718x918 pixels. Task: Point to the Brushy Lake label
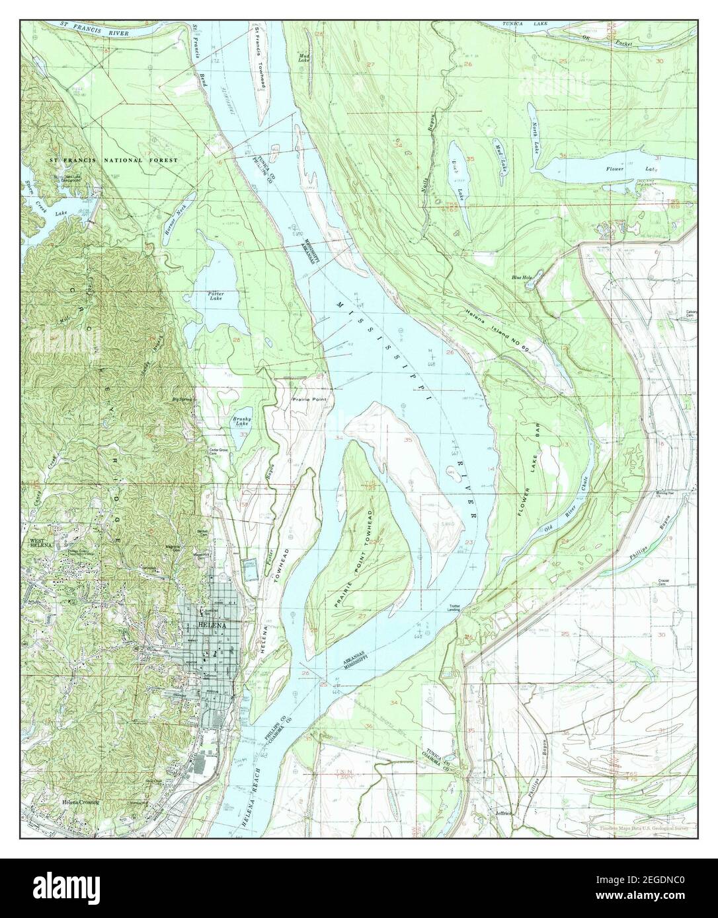pos(239,422)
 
